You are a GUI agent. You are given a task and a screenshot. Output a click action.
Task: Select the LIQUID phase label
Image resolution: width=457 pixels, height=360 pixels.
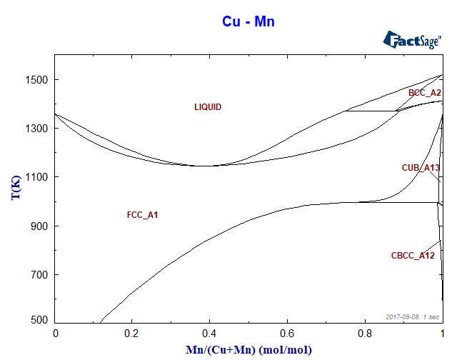[208, 107]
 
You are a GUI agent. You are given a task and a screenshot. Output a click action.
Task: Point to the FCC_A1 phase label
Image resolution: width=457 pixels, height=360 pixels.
[142, 215]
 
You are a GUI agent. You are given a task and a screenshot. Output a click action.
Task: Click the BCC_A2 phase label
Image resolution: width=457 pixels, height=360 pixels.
[425, 93]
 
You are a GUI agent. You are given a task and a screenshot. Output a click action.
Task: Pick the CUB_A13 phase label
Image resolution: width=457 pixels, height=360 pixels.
[421, 168]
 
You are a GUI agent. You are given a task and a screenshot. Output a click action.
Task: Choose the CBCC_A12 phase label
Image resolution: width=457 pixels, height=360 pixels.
[413, 256]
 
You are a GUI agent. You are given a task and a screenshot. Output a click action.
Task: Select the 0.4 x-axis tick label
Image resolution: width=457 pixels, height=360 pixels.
[210, 333]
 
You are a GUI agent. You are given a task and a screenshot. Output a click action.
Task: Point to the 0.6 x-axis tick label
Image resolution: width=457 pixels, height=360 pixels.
[287, 333]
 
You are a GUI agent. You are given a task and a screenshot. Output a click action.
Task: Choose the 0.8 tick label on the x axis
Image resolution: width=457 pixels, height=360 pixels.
[365, 333]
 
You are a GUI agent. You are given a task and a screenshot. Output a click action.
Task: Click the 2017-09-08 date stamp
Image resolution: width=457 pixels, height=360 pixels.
[400, 316]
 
